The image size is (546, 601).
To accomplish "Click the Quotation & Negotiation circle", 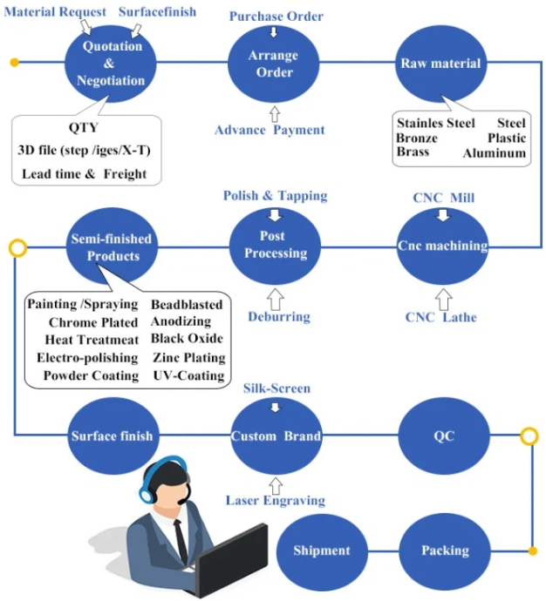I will (x=112, y=63).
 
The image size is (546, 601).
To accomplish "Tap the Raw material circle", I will (x=440, y=64).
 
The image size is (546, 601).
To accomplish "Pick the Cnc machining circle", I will (x=442, y=246).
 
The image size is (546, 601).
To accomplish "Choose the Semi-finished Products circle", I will (x=113, y=246).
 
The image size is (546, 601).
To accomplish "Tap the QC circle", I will (x=441, y=436).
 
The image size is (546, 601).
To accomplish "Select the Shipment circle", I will (x=322, y=550).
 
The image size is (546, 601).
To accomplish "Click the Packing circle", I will (x=445, y=550).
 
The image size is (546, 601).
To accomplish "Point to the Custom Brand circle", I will (x=276, y=436).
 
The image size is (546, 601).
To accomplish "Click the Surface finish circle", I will (x=112, y=436).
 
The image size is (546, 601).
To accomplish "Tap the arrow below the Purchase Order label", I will (x=275, y=32).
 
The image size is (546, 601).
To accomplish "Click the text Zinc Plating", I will (x=188, y=357).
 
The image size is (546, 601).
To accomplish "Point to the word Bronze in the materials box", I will (x=417, y=138).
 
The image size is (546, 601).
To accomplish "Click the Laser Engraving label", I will (x=276, y=500).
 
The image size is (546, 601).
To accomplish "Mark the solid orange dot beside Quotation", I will (x=14, y=62).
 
